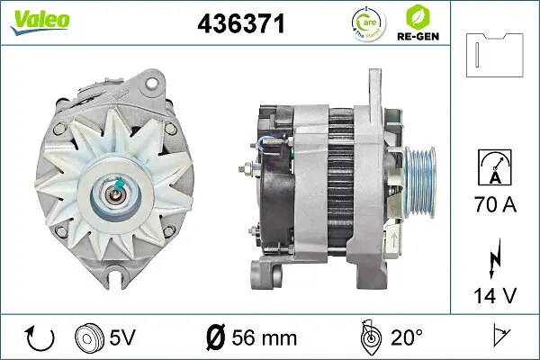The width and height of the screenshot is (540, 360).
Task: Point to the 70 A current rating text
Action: tap(496, 205)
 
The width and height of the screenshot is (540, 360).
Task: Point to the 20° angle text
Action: tap(406, 337)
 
